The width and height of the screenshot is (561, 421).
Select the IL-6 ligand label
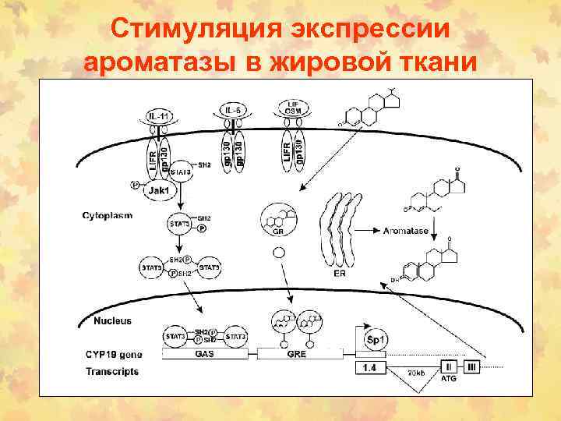pyautogui.click(x=231, y=110)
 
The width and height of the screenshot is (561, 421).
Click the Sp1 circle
pyautogui.click(x=377, y=340)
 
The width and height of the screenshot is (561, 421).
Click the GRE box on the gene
pyautogui.click(x=296, y=353)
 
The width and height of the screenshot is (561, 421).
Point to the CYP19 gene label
pyautogui.click(x=113, y=353)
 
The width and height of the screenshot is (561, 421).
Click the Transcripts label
pyautogui.click(x=112, y=371)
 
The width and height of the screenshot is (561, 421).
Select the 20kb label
pyautogui.click(x=416, y=373)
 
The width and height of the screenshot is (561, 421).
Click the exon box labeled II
pyautogui.click(x=448, y=366)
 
